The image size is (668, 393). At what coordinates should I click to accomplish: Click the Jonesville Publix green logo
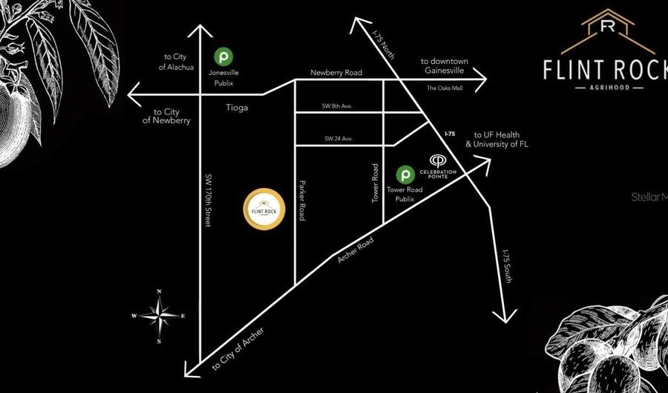[x=222, y=55]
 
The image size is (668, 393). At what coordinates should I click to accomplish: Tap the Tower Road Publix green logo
[x=405, y=175]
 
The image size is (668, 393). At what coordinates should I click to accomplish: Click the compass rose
[x=159, y=315]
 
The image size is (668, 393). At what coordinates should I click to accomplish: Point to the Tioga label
[x=238, y=108]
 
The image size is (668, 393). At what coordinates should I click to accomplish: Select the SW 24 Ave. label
[x=338, y=138]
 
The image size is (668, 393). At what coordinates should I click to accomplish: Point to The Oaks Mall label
[x=444, y=88]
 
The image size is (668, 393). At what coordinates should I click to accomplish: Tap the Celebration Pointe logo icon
[x=438, y=160]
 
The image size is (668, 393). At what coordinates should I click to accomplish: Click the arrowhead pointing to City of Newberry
[x=134, y=94]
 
